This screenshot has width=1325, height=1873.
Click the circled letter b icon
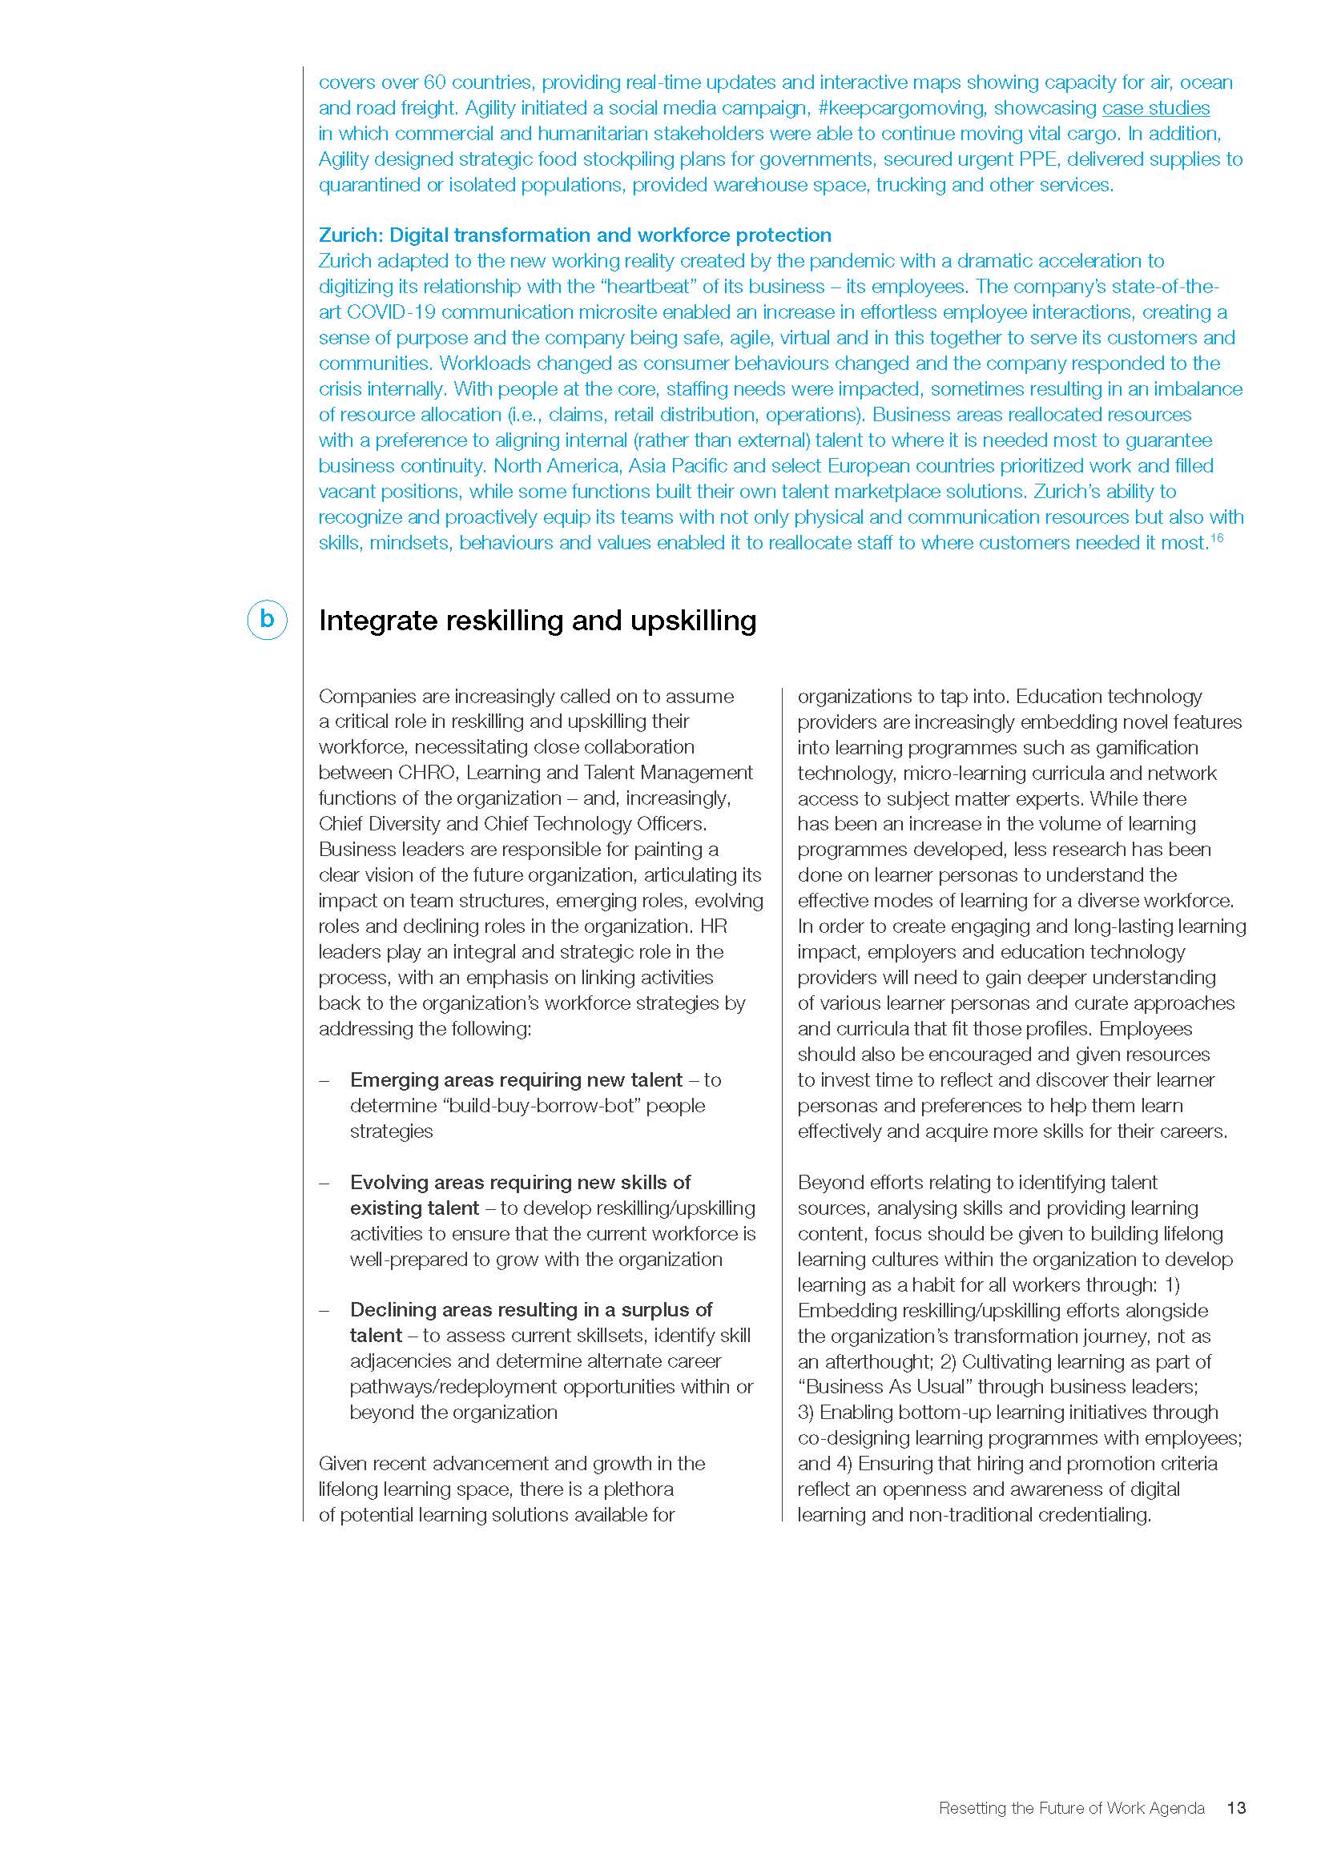click(267, 620)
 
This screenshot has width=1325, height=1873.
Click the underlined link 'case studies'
click(1155, 107)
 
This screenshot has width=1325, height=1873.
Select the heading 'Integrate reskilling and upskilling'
click(537, 621)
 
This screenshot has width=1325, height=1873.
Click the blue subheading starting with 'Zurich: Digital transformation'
click(574, 235)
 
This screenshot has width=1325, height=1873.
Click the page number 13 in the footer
click(1236, 1808)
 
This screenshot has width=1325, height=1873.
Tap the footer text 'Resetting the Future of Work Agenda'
click(1071, 1808)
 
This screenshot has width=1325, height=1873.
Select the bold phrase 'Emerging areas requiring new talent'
click(516, 1080)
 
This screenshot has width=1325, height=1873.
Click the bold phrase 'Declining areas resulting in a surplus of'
click(530, 1310)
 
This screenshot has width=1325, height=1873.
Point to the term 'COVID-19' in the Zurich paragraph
click(391, 312)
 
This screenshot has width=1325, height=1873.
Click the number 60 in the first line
click(434, 82)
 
